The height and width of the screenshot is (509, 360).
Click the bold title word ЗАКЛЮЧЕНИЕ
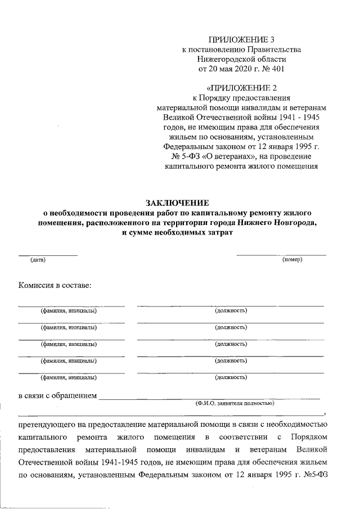click(178, 202)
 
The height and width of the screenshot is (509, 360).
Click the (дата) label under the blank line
click(38, 260)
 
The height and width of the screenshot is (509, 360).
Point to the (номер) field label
click(292, 260)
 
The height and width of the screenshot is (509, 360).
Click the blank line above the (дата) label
click(47, 255)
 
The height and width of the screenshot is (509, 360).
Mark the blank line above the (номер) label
click(281, 255)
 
